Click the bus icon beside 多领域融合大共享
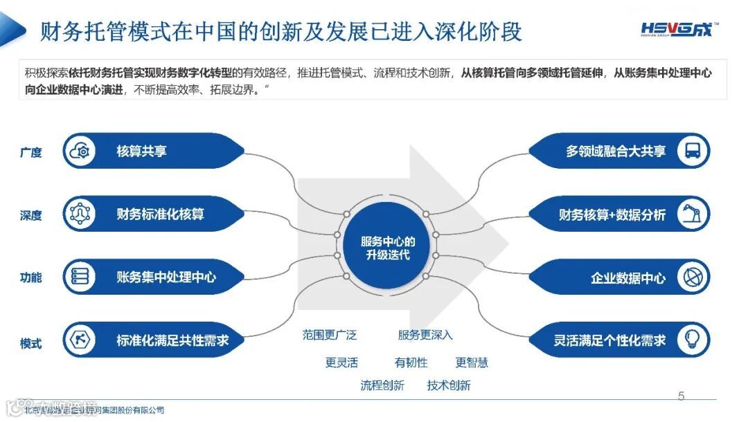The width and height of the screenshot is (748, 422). [x=692, y=152]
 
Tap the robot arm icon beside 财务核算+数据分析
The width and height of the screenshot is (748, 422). [x=692, y=214]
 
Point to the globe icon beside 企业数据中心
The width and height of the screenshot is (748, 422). [x=692, y=277]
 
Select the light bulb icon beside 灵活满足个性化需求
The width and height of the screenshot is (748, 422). [x=692, y=340]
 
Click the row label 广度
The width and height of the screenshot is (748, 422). [x=31, y=152]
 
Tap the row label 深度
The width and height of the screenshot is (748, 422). [x=31, y=215]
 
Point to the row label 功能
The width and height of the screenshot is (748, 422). [x=31, y=278]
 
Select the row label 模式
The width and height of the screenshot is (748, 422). [x=31, y=343]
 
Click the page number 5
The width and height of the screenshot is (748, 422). [x=681, y=396]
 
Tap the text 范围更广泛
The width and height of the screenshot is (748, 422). [x=329, y=335]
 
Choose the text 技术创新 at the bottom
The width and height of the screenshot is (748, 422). [x=449, y=385]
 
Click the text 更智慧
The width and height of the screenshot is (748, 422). [x=472, y=363]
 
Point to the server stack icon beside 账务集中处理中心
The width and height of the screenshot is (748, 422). [x=79, y=277]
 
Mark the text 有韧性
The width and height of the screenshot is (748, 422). [x=411, y=363]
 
